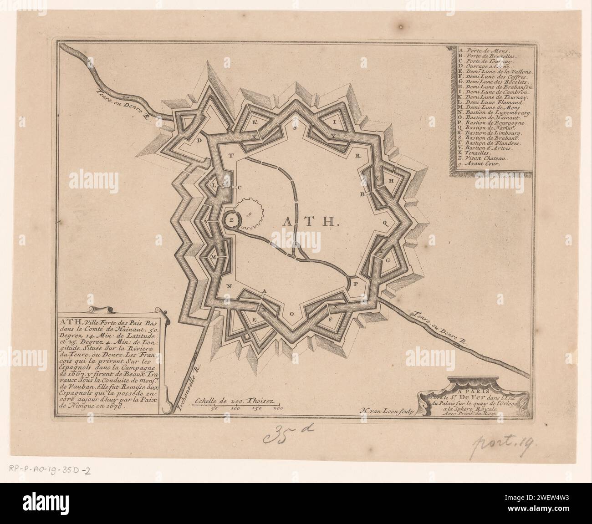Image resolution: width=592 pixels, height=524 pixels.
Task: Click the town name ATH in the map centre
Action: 309,222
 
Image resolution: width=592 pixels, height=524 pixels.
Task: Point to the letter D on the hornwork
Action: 199,141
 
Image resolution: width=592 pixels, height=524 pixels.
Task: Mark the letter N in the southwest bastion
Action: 228,286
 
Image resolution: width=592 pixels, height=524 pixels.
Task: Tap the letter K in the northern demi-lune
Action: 255,122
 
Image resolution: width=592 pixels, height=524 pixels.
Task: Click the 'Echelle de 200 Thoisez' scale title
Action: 232,401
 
